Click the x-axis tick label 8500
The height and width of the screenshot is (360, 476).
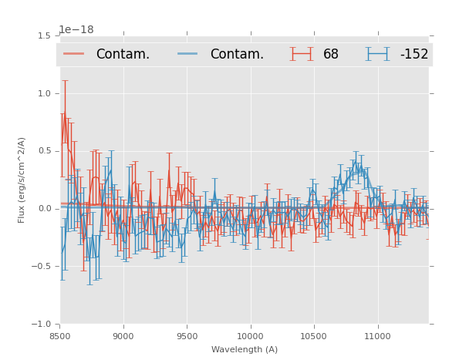(x=60, y=336)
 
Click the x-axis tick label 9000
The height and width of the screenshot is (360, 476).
(x=123, y=336)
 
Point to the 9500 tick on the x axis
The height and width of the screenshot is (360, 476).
(x=187, y=336)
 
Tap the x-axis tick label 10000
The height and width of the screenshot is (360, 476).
(x=250, y=336)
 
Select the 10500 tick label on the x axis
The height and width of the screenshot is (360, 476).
(x=313, y=336)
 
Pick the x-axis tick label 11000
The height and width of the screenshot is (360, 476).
(x=377, y=336)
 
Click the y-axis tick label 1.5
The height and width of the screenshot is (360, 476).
(x=44, y=35)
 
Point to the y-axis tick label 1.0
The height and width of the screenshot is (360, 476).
(x=44, y=93)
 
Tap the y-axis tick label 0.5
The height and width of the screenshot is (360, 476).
(x=44, y=151)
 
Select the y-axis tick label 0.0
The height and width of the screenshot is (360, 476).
(x=44, y=209)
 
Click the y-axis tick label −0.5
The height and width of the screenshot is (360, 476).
(x=42, y=267)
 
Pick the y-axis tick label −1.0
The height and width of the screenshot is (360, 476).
(x=42, y=325)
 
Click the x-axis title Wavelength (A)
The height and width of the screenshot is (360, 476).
(x=245, y=349)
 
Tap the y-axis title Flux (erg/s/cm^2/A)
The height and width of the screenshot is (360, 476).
(x=22, y=180)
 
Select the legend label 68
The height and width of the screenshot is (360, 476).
(x=331, y=54)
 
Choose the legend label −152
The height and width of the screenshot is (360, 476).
(x=414, y=54)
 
